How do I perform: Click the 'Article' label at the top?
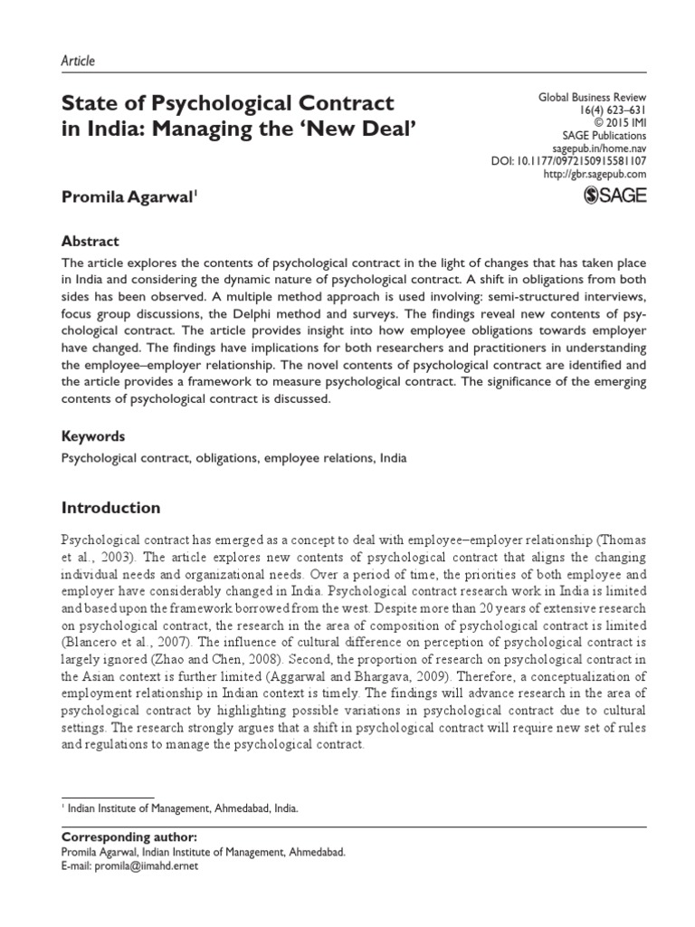tap(77, 61)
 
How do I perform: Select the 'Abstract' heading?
tap(90, 242)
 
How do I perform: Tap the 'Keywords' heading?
tap(92, 435)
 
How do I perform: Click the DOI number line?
tap(568, 161)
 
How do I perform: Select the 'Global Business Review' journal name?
tap(593, 98)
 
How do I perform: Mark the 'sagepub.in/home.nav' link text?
tap(599, 148)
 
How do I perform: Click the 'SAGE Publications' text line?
tap(603, 136)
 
